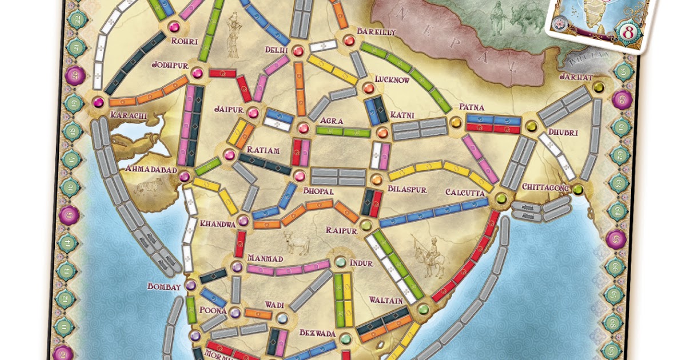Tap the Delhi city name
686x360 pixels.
pos(277,50)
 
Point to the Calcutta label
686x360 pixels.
pos(465,193)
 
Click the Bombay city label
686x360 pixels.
pos(164,286)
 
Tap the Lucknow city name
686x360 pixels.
pos(392,80)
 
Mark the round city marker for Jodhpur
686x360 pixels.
pos(197,73)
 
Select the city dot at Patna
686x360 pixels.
pos(456,122)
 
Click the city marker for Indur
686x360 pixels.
pos(341,262)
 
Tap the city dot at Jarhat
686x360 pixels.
pos(599,87)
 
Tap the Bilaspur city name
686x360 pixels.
pos(407,189)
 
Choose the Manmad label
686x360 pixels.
pos(265,258)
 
